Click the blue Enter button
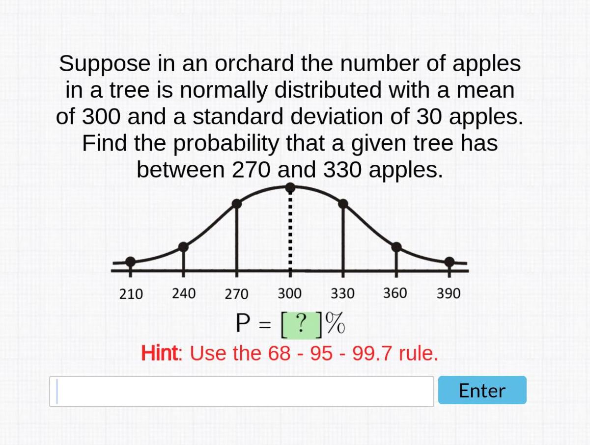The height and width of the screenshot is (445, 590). click(482, 390)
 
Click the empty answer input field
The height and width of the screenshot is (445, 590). click(241, 391)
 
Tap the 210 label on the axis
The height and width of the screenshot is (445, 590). click(131, 294)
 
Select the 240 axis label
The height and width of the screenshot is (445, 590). click(184, 293)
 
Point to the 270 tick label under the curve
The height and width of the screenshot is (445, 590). click(236, 294)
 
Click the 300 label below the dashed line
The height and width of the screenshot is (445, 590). click(289, 293)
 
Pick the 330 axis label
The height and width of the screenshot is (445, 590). click(342, 293)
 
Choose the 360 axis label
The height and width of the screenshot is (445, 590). click(395, 293)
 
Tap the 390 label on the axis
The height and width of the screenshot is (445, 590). click(449, 293)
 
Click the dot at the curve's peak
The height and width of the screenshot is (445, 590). click(290, 187)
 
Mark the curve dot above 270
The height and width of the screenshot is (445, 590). click(237, 203)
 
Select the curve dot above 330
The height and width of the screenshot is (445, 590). click(343, 204)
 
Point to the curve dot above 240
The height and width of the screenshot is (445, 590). click(183, 247)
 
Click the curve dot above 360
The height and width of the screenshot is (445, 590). click(396, 247)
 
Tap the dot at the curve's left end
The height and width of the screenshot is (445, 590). click(130, 262)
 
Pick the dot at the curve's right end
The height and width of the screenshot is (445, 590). click(450, 262)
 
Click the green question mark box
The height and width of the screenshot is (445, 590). click(301, 324)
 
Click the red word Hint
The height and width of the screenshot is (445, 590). click(161, 353)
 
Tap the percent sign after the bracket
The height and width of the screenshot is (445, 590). click(335, 324)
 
